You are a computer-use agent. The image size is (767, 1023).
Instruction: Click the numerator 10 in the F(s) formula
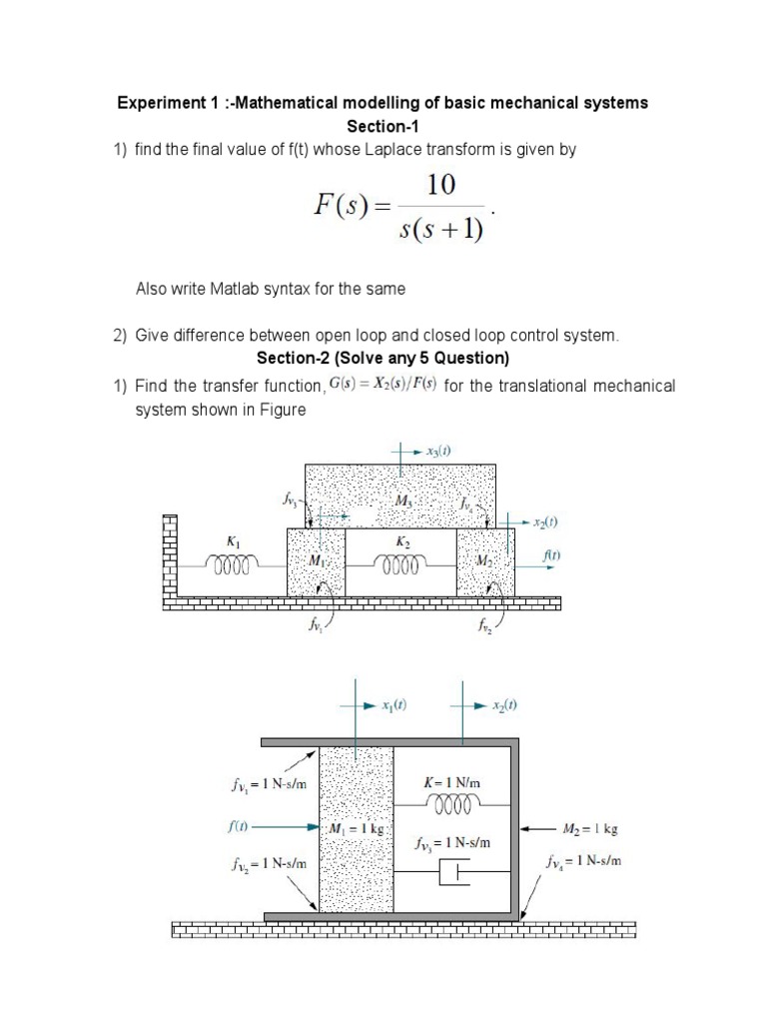point(440,185)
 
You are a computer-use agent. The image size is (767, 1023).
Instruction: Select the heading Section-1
point(383,126)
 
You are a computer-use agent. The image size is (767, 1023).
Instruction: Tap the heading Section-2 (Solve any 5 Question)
point(383,359)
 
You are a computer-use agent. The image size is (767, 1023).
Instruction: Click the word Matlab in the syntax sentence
point(237,289)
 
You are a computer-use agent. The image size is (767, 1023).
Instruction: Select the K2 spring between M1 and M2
point(400,566)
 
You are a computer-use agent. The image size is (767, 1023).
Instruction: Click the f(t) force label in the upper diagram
point(550,553)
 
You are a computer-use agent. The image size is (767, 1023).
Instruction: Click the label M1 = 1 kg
point(357,829)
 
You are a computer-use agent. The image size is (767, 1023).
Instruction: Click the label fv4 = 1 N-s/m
point(584,860)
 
